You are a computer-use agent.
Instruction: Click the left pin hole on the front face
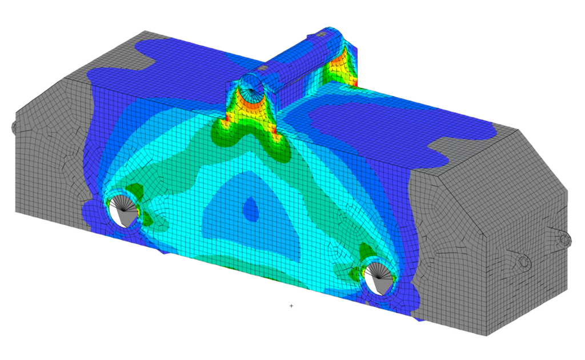[x=122, y=210]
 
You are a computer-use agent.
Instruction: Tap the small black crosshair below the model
[x=291, y=306]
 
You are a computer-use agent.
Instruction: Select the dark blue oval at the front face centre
[x=250, y=209]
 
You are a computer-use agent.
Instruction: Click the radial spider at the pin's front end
[x=253, y=88]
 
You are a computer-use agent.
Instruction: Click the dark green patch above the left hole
[x=134, y=191]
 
